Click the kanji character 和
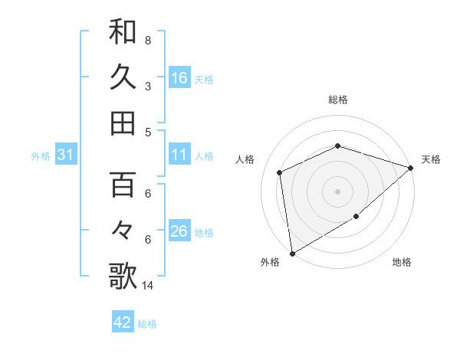click(x=123, y=31)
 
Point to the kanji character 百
click(x=123, y=185)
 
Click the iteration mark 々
click(x=123, y=231)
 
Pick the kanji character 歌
click(x=123, y=277)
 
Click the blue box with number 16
click(x=179, y=78)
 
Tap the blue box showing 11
click(x=179, y=155)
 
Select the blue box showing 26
click(x=179, y=232)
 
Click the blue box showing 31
click(x=65, y=155)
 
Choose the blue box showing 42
click(x=123, y=322)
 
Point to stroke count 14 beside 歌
click(x=147, y=286)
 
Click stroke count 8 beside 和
click(x=147, y=40)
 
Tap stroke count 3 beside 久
click(x=147, y=87)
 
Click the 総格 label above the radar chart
click(x=337, y=100)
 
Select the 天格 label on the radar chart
click(x=432, y=159)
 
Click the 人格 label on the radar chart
click(x=245, y=159)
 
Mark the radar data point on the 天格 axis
click(x=411, y=168)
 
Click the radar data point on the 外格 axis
click(x=291, y=253)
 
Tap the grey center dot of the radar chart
click(x=337, y=191)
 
